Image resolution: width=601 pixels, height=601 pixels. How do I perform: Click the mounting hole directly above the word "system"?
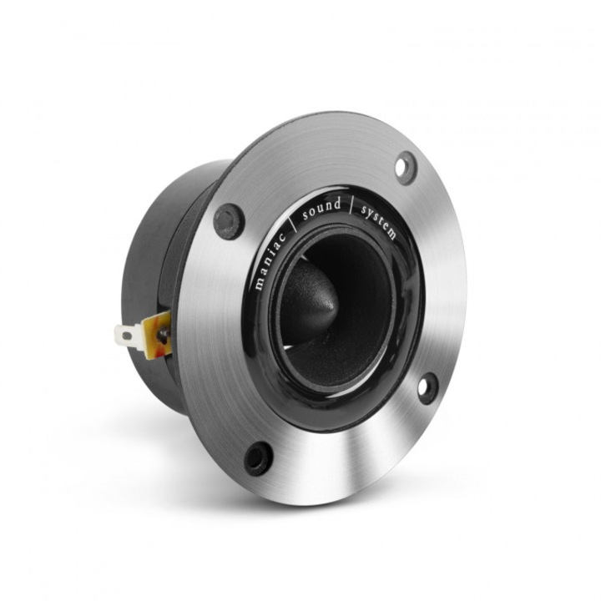(406, 168)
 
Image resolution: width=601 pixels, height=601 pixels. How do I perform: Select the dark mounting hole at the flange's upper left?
(228, 220)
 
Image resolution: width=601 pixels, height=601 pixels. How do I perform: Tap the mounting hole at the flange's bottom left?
(257, 457)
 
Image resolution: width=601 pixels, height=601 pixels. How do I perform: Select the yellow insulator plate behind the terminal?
(157, 332)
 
